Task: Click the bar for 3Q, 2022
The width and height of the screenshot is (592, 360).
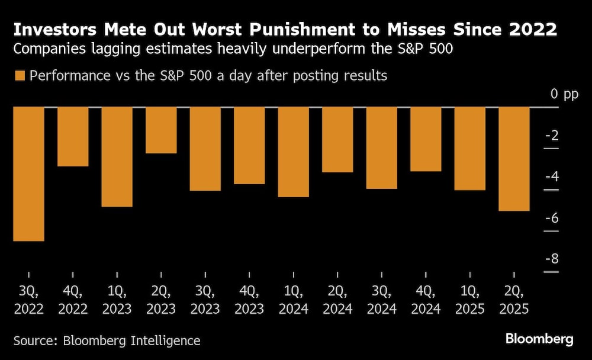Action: (x=29, y=174)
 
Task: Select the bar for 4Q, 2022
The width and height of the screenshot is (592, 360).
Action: (x=73, y=137)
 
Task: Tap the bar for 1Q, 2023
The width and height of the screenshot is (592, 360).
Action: (x=117, y=157)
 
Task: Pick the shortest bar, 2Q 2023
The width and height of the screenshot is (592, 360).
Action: (x=161, y=130)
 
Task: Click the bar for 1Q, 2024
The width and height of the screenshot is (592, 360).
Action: (x=294, y=152)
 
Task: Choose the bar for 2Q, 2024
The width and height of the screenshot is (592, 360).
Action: (x=337, y=140)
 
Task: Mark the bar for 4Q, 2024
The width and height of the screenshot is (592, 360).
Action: (x=426, y=139)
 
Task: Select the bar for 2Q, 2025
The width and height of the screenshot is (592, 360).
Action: (x=514, y=159)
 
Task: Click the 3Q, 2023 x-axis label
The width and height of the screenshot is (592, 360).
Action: (x=205, y=300)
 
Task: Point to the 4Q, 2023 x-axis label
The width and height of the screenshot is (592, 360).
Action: (x=249, y=300)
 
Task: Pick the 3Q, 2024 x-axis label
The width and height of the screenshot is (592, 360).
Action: (x=382, y=300)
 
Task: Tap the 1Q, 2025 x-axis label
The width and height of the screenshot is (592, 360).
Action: (x=470, y=300)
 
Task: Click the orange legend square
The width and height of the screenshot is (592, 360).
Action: (x=20, y=76)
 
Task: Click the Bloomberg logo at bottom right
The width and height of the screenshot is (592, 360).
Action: (x=539, y=339)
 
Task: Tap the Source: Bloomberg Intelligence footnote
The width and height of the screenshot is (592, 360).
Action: (x=107, y=340)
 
